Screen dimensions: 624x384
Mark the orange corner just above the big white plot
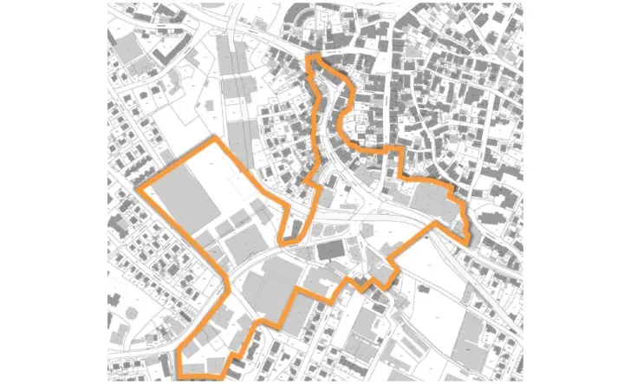pyautogui.click(x=214, y=138)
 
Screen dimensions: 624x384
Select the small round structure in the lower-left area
pyautogui.click(x=132, y=309)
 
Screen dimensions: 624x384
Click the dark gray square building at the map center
pyautogui.click(x=329, y=251)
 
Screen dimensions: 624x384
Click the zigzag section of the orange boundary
pyautogui.click(x=369, y=283)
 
